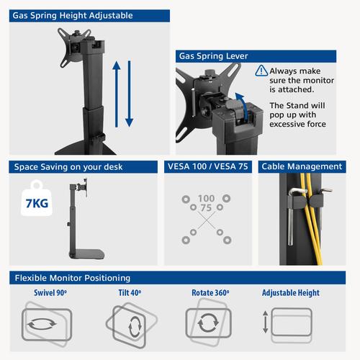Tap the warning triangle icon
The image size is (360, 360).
(x=261, y=71)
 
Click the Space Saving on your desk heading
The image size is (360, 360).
(x=68, y=166)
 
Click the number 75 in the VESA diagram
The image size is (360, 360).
(x=207, y=207)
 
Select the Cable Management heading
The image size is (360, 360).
(x=302, y=166)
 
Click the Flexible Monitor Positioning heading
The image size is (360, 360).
(x=72, y=277)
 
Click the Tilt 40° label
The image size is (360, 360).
(x=130, y=293)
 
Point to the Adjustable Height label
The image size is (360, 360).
(x=291, y=293)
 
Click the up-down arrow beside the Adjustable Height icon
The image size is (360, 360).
(x=266, y=322)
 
